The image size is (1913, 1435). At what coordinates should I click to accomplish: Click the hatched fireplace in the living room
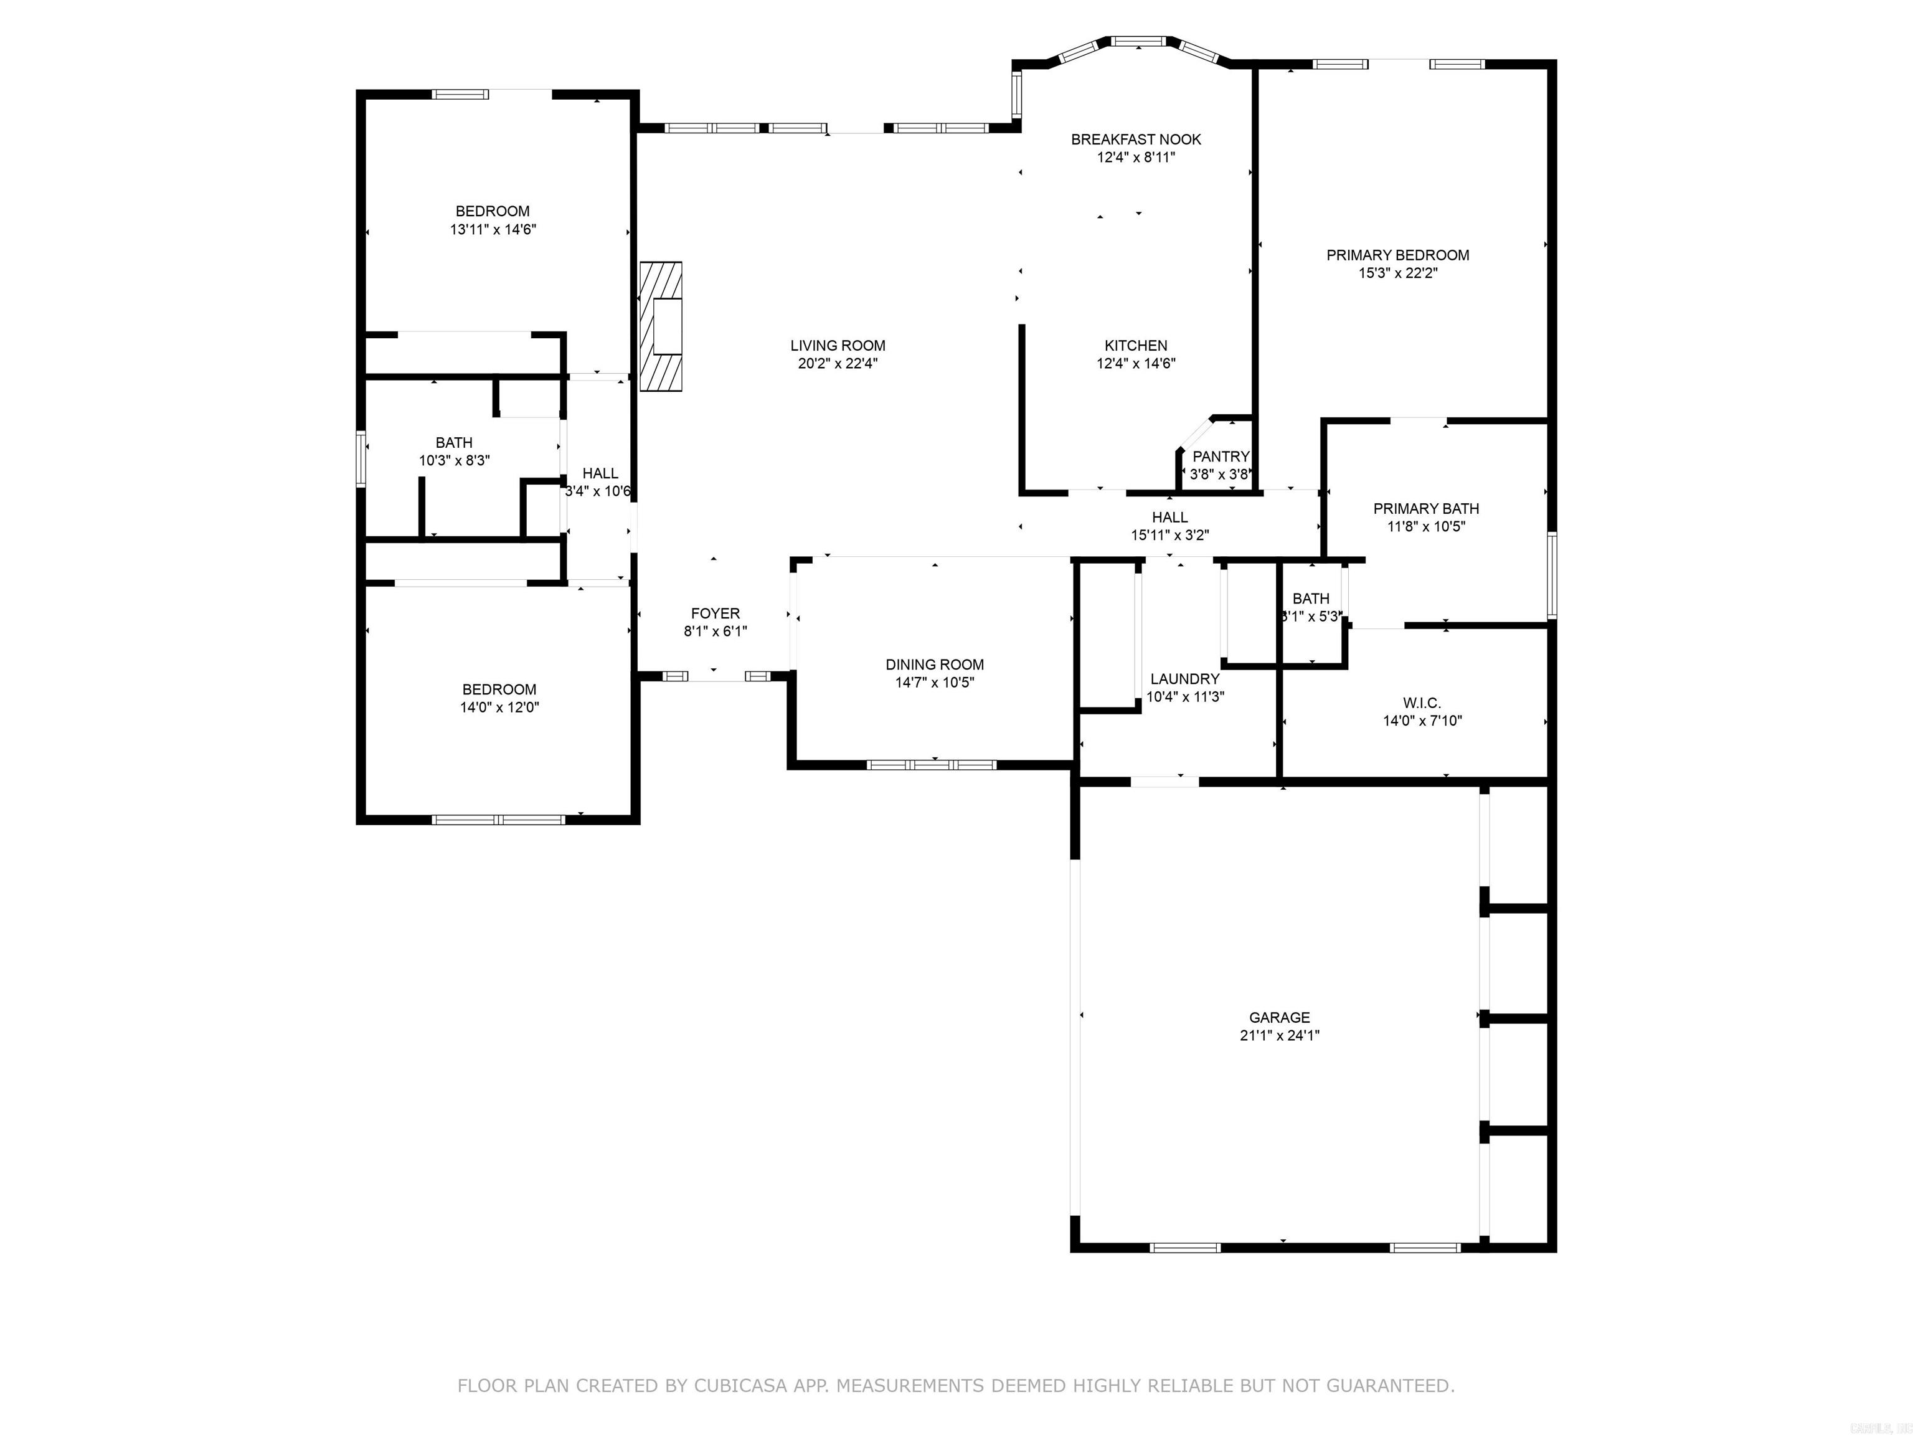(x=661, y=326)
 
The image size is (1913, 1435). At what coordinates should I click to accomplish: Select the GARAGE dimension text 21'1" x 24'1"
(x=1279, y=1035)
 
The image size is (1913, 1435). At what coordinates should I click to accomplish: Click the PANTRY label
(x=1221, y=457)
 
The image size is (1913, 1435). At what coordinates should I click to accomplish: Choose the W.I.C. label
(x=1422, y=703)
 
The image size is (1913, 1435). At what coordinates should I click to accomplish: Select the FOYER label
(x=716, y=613)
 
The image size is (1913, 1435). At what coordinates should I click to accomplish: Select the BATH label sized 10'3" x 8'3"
(x=454, y=443)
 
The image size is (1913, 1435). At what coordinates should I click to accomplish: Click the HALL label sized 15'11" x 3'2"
(x=1169, y=517)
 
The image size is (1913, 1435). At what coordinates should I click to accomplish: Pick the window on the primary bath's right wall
(x=1551, y=575)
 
